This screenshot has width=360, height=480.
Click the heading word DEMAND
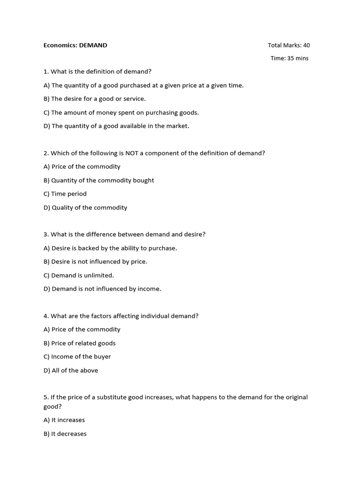(93, 45)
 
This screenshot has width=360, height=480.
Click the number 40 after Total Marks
(306, 45)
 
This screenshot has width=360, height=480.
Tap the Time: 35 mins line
(289, 59)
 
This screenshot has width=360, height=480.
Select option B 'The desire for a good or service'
(95, 99)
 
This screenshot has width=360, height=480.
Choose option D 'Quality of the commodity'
(85, 208)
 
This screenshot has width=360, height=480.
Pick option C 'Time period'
(65, 194)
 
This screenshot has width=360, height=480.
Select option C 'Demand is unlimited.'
(79, 276)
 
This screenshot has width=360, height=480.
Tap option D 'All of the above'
(71, 371)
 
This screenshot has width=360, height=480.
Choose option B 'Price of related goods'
(80, 344)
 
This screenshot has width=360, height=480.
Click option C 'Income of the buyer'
(77, 357)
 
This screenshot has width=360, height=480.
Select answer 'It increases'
(64, 420)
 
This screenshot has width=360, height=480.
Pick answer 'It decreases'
(65, 434)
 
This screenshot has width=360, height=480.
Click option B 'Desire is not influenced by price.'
(96, 262)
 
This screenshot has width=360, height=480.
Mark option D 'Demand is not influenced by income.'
(102, 289)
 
